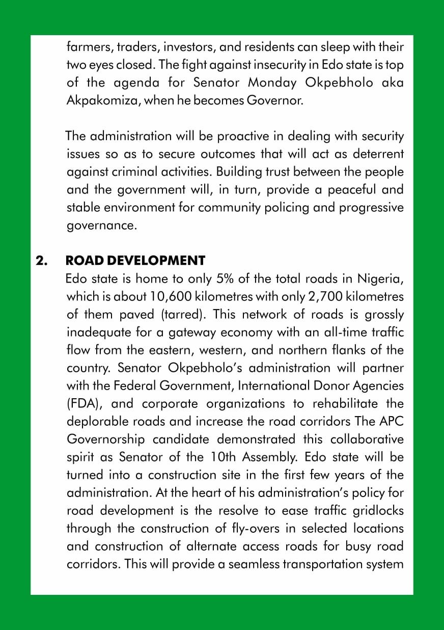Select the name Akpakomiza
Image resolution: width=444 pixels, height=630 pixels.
coord(103,101)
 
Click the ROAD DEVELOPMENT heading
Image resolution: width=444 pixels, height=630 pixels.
coord(135,261)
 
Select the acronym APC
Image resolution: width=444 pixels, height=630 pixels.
coord(390,422)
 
